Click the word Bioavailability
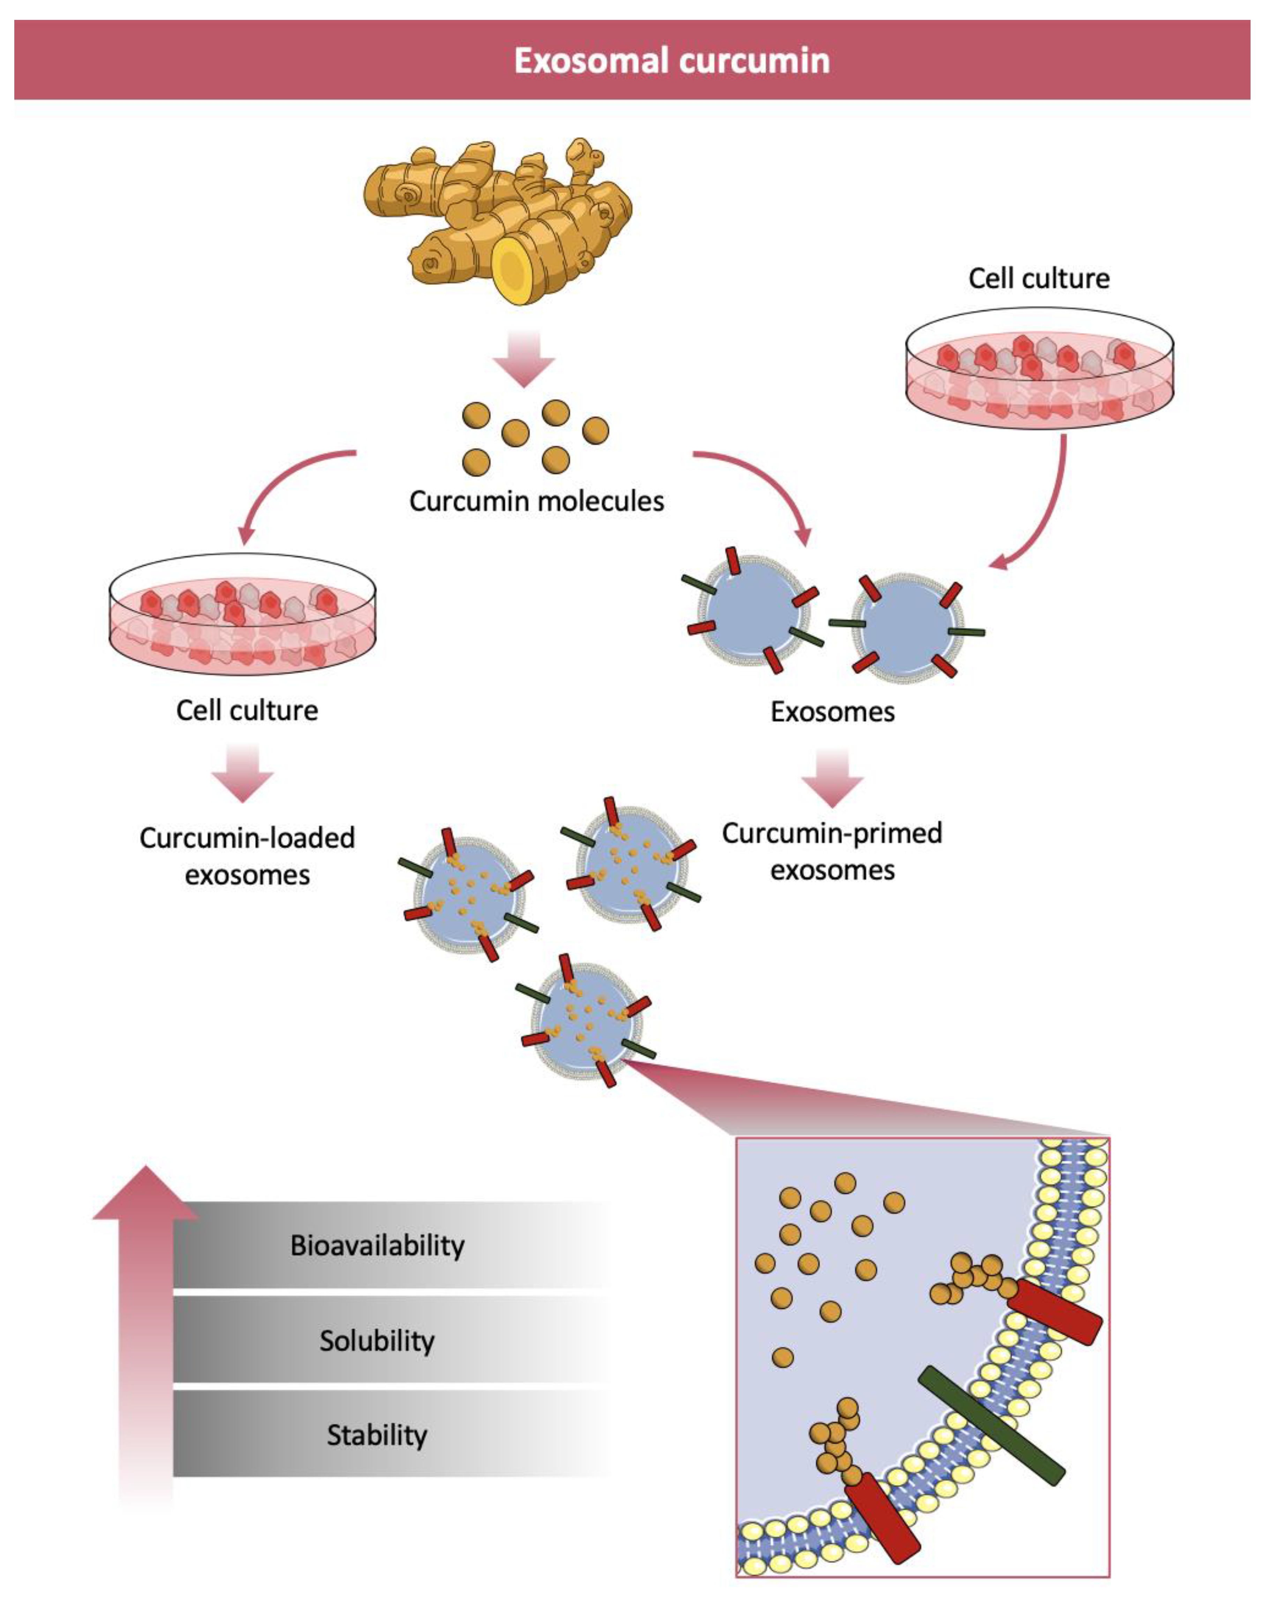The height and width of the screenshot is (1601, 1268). tap(377, 1245)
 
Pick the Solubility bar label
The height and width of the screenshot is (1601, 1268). tap(377, 1341)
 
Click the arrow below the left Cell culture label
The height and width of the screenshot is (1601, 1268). tap(243, 772)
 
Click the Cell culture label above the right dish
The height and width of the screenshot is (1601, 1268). tap(1038, 278)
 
